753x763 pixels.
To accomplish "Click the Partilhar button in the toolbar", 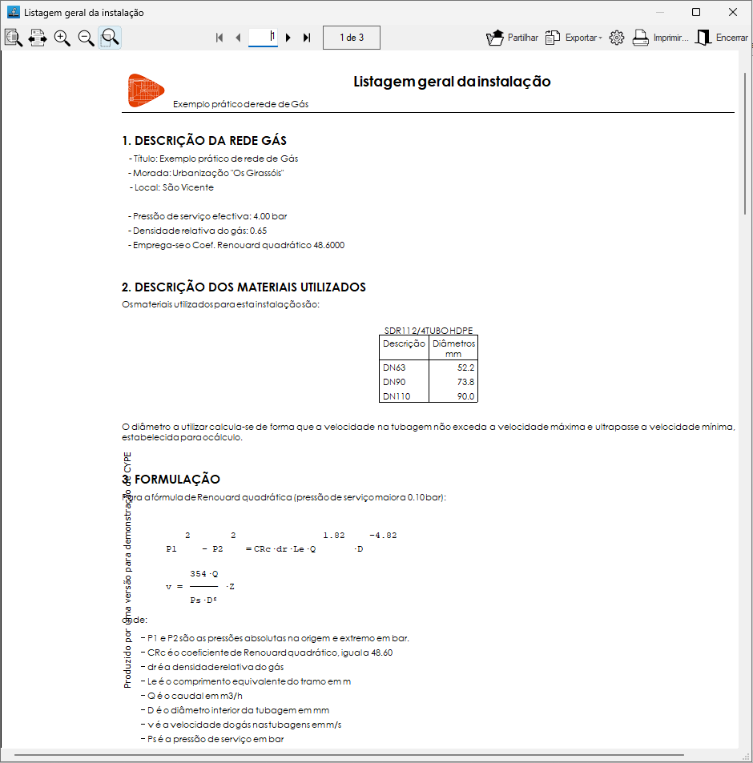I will [x=513, y=38].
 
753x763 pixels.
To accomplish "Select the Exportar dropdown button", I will [x=574, y=38].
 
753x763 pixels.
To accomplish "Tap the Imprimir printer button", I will [x=660, y=38].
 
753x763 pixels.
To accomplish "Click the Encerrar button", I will [x=721, y=38].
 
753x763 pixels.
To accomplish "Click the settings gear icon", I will [x=616, y=38].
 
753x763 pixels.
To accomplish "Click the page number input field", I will [x=263, y=37].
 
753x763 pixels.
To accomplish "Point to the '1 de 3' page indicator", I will [x=352, y=38].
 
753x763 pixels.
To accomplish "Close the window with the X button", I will [x=732, y=12].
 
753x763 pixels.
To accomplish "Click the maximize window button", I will [x=696, y=12].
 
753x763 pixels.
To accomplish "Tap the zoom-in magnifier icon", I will [x=62, y=38].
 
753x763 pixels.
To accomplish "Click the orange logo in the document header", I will [x=146, y=90].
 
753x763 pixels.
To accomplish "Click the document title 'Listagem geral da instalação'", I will [x=452, y=82].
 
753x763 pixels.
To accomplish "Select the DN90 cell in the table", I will [x=394, y=382].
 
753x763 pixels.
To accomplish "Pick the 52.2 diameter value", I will [x=465, y=367].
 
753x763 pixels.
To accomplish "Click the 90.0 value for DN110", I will [x=465, y=396].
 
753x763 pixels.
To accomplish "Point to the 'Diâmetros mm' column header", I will [x=453, y=347].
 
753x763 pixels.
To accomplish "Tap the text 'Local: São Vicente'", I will [x=174, y=187].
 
